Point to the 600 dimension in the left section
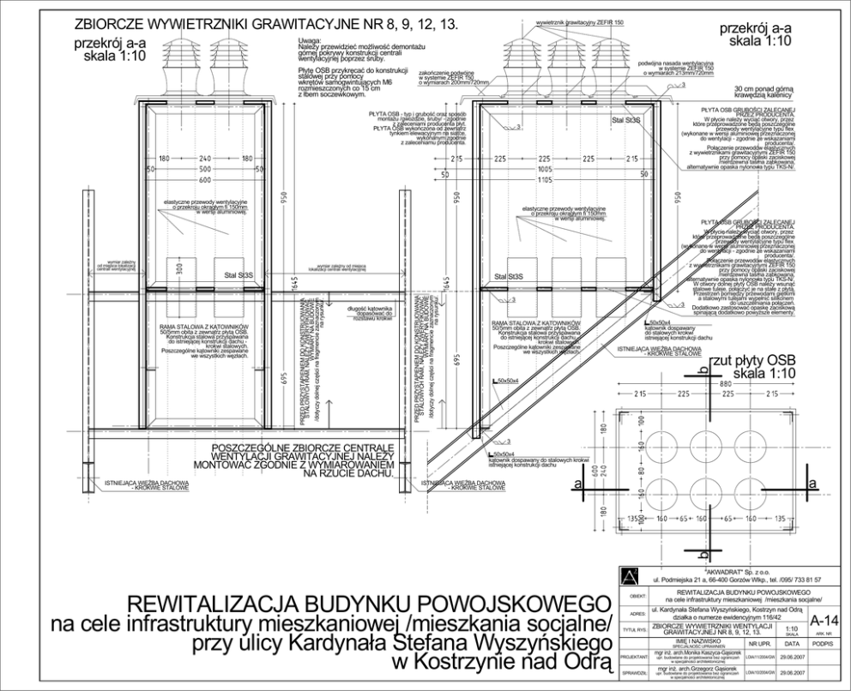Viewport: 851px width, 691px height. click(x=204, y=182)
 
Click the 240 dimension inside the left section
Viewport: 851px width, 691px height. click(x=204, y=159)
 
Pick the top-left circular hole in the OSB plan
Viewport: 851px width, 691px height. click(x=666, y=445)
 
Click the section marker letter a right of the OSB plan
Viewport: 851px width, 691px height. click(x=811, y=485)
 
